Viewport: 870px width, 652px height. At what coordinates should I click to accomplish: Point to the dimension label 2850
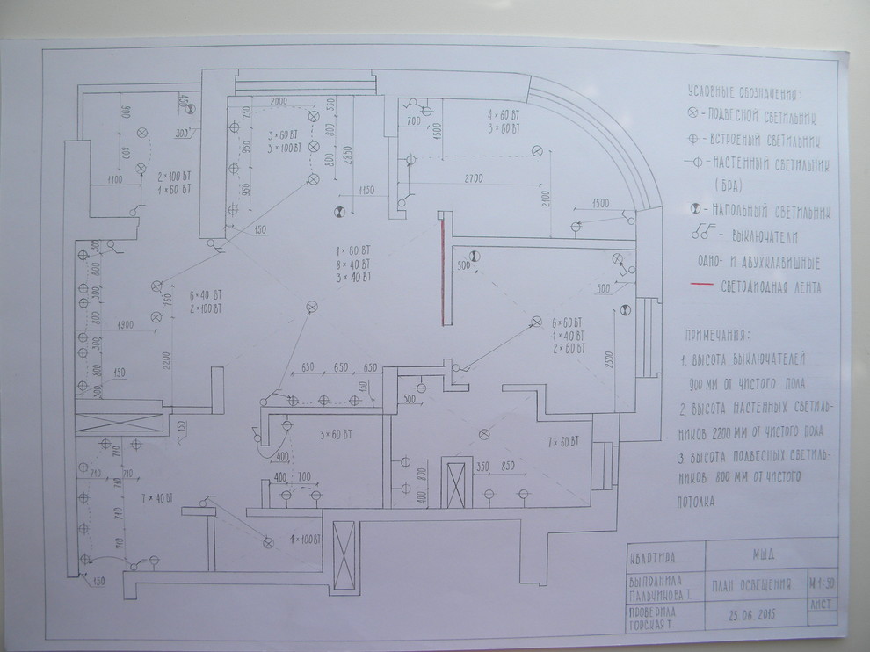[348, 155]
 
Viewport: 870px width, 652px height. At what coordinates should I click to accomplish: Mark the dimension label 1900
[125, 325]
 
